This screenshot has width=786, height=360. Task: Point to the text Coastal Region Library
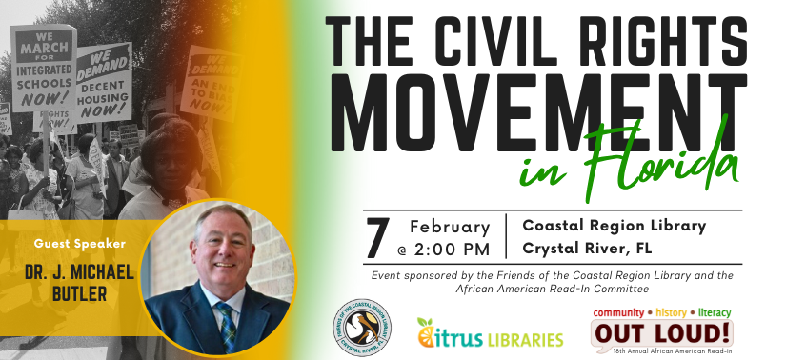[614, 226]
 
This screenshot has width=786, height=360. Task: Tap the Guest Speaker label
[79, 243]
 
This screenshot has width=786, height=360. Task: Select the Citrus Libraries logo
[489, 335]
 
